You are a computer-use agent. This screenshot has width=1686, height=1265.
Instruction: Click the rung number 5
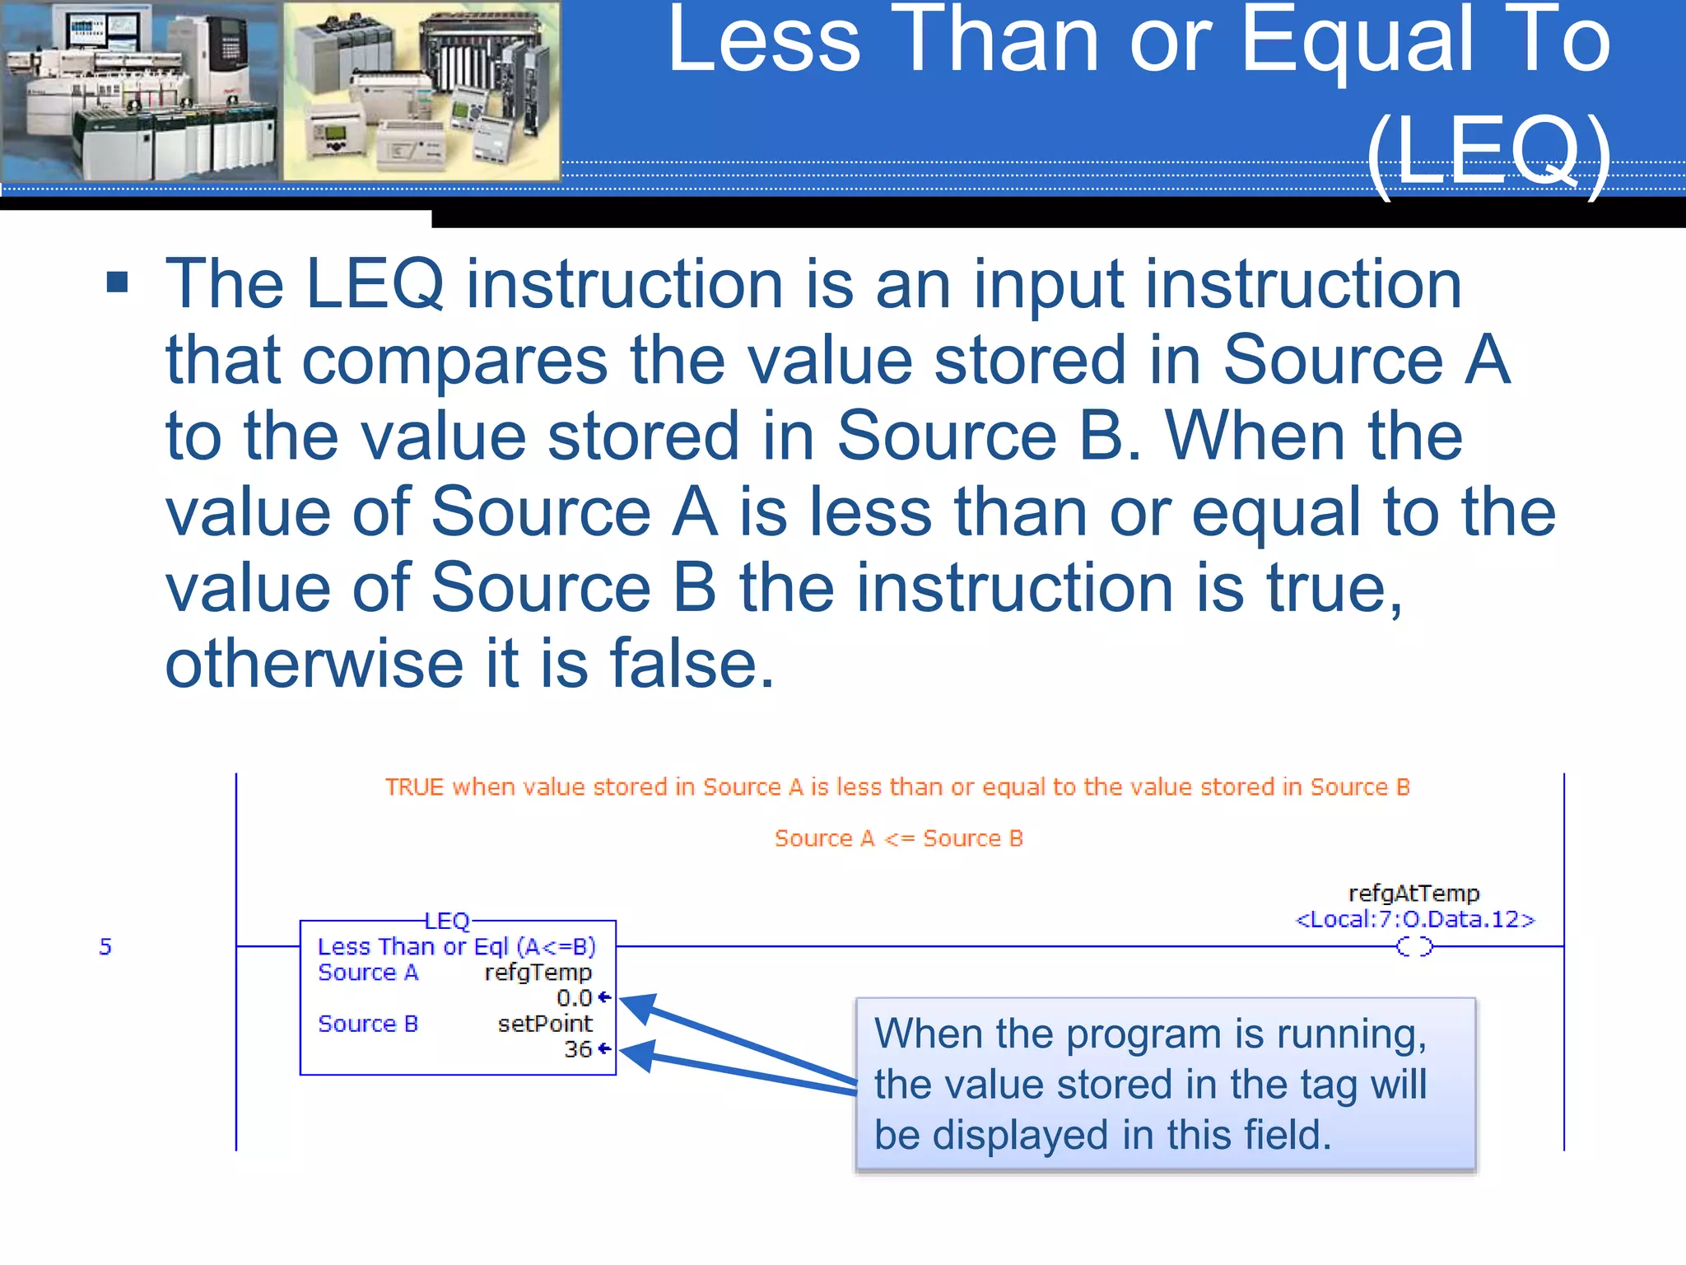pos(105,946)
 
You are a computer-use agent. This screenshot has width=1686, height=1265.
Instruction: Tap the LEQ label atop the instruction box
pos(447,921)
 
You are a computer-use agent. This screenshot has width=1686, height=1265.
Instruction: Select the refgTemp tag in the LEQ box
pos(538,973)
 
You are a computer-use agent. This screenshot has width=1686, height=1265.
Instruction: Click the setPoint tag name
pos(544,1024)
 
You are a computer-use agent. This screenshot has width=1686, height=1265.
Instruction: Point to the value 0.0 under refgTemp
pos(574,998)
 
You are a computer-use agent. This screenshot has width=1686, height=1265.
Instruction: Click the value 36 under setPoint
pos(578,1049)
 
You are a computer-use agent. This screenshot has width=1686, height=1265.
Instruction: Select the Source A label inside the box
pos(368,973)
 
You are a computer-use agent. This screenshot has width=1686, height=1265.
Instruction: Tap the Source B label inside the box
pos(368,1024)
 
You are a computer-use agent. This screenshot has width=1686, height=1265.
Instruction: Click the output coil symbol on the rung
pos(1414,947)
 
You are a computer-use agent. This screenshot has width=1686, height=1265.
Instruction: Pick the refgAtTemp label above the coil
pos(1414,894)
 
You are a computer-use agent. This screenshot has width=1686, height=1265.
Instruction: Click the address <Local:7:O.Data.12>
pos(1415,919)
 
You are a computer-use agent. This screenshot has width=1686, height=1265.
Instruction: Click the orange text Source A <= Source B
pos(898,838)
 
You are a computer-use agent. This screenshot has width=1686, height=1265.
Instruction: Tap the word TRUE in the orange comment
pos(414,787)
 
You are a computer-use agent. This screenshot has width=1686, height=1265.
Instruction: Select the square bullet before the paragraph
pos(118,282)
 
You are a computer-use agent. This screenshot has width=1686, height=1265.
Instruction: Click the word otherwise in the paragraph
pos(314,664)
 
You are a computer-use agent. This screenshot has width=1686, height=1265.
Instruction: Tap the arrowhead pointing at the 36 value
pos(637,1054)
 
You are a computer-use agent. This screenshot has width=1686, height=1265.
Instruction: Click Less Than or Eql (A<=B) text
pos(457,947)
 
